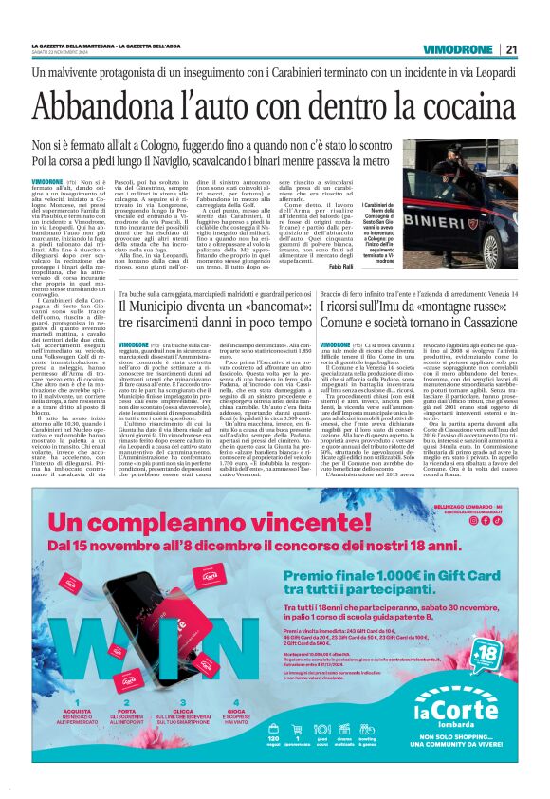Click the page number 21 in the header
(511, 49)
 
